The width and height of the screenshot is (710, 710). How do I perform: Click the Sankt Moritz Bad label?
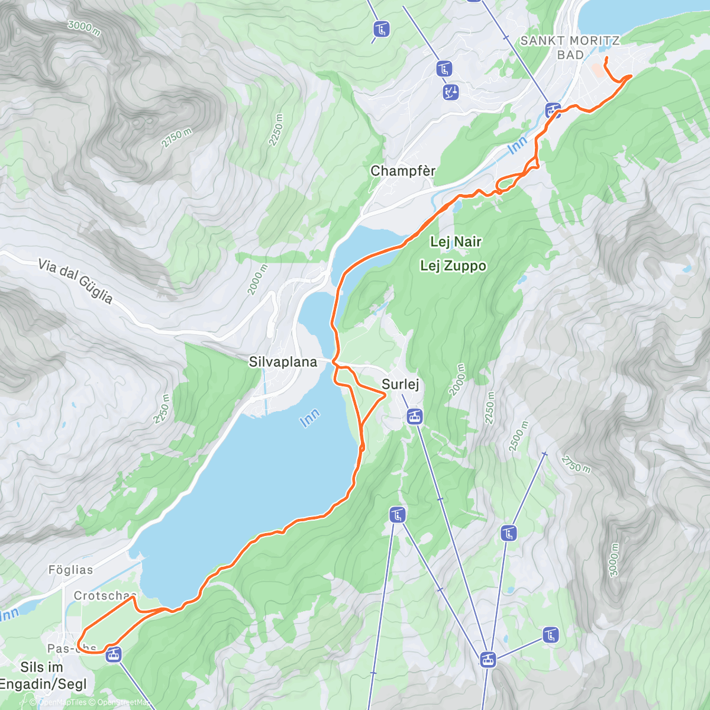point(570,47)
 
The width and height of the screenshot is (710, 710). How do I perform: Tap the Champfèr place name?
point(403,171)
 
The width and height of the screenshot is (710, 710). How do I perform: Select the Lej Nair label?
point(456,241)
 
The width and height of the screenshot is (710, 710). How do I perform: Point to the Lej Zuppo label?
point(453,266)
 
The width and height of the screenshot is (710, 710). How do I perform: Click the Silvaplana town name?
point(283,362)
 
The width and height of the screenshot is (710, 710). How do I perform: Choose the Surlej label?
point(401,384)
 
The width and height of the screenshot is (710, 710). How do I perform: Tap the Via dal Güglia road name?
point(75,281)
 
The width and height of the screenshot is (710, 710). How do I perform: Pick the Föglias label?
point(70,570)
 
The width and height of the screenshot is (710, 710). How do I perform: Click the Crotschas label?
point(105,595)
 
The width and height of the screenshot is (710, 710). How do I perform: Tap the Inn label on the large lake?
point(309,418)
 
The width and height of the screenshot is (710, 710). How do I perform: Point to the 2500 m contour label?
point(518,436)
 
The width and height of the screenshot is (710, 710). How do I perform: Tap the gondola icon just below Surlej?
point(414,417)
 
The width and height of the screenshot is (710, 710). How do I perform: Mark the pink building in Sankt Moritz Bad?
point(598,70)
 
